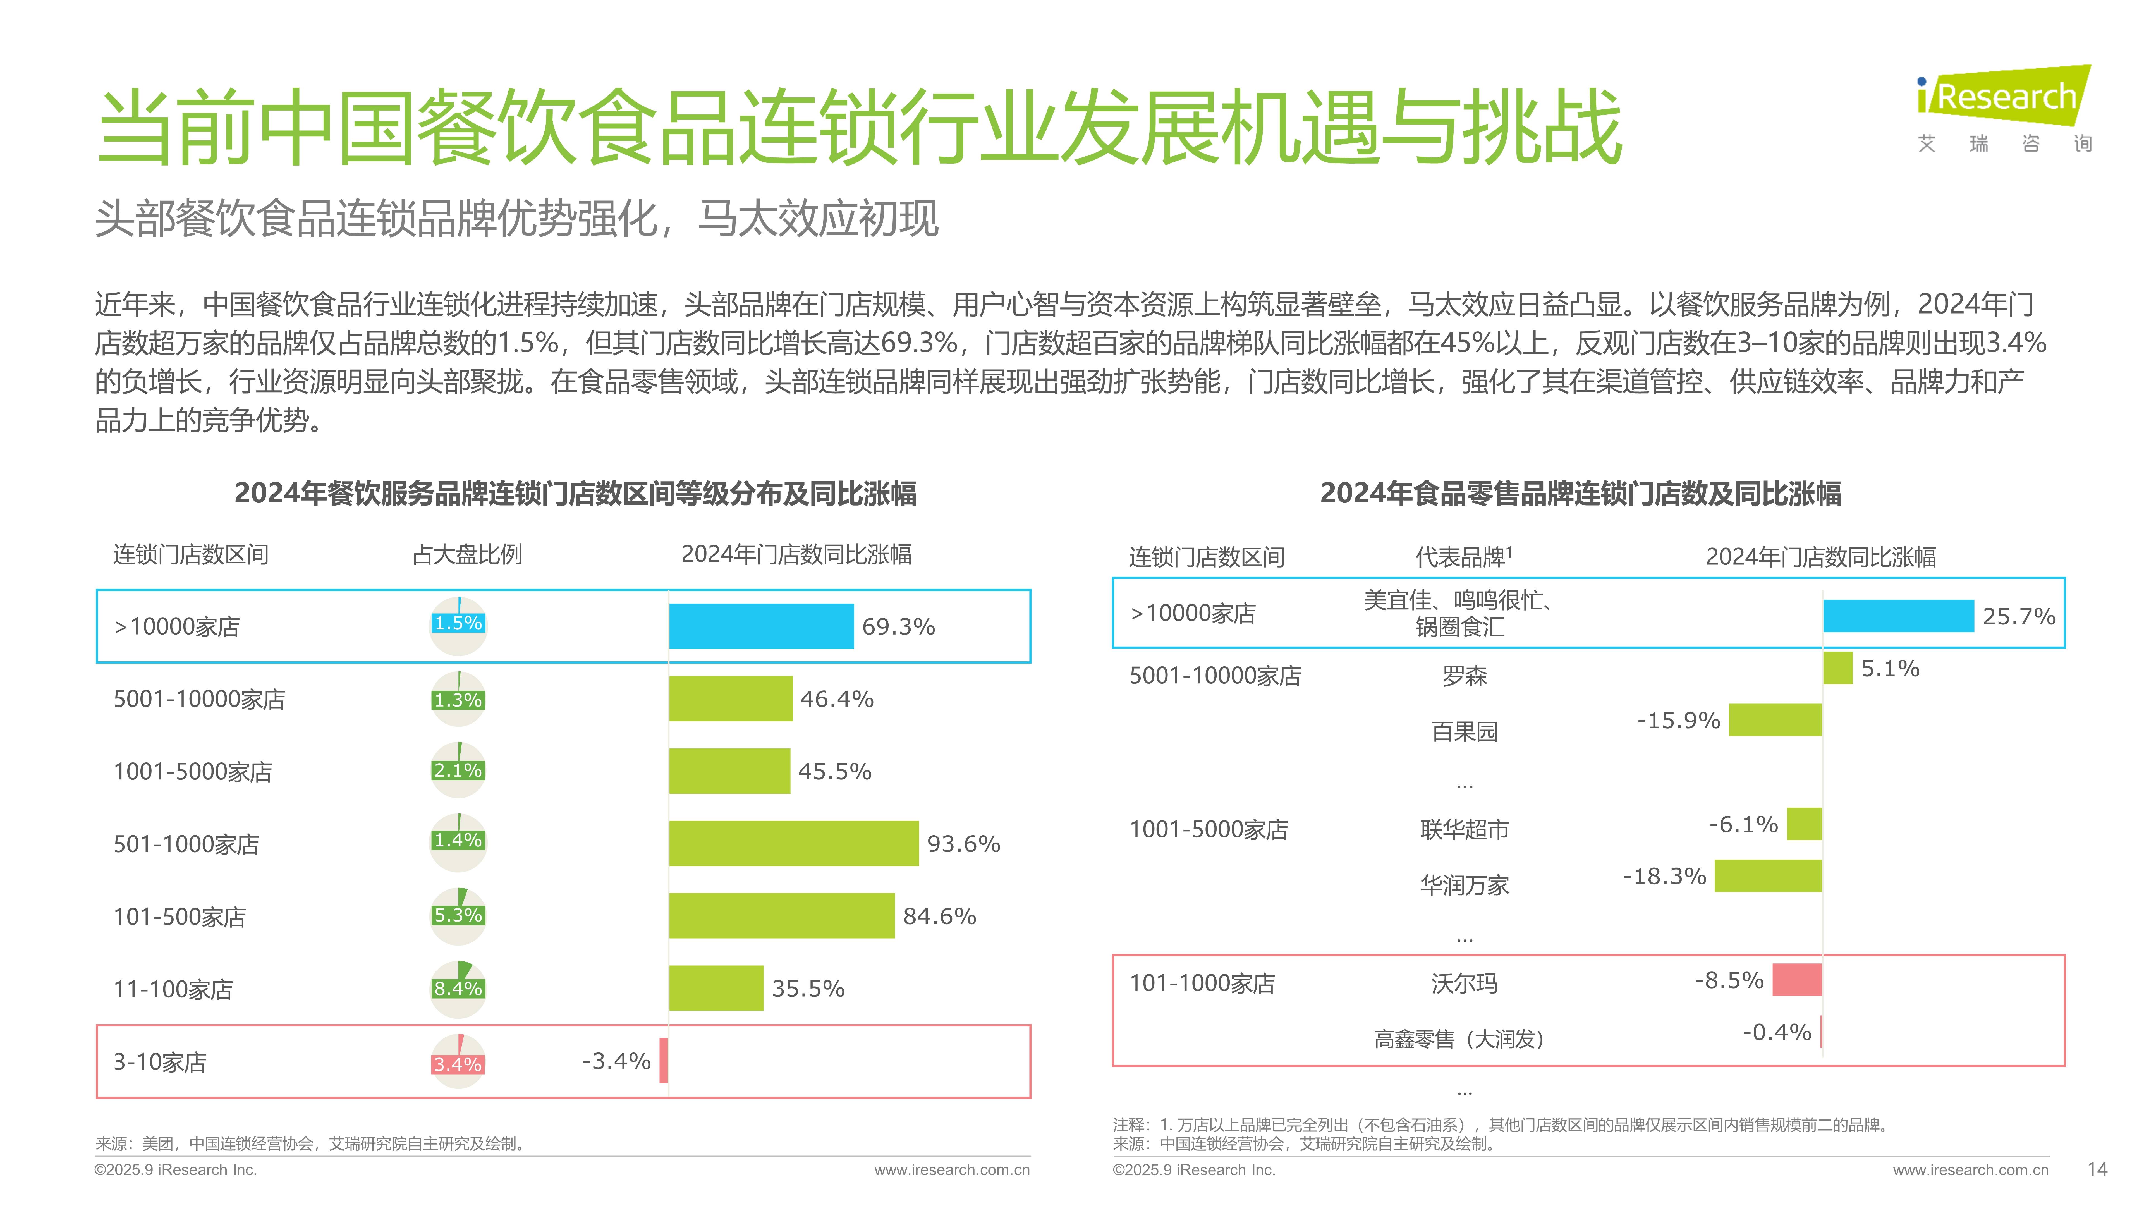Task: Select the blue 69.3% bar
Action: (x=761, y=626)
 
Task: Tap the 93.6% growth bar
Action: (x=793, y=843)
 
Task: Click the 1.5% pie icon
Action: (x=458, y=624)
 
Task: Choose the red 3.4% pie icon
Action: (x=458, y=1062)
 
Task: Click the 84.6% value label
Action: (x=939, y=916)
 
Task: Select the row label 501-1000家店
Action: (x=186, y=844)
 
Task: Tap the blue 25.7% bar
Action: (x=1898, y=616)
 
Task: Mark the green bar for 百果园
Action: (x=1774, y=720)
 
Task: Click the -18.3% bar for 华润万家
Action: (x=1768, y=875)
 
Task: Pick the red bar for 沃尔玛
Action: (x=1797, y=980)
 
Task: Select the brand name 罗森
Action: (x=1464, y=676)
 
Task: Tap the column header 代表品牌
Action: (x=1462, y=557)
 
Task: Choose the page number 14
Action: (x=2097, y=1169)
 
